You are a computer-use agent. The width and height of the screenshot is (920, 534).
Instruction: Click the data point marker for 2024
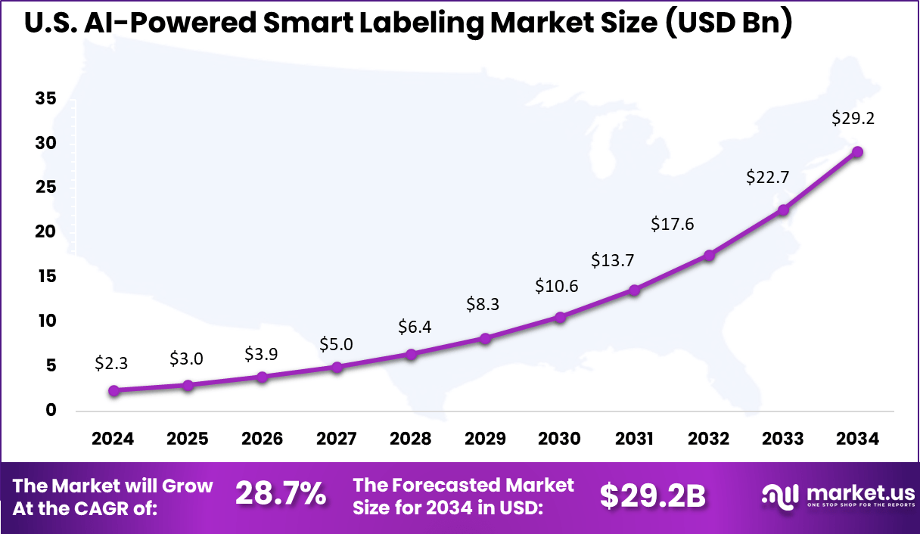(x=113, y=390)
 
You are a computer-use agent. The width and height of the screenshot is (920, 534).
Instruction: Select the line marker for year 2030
(x=560, y=317)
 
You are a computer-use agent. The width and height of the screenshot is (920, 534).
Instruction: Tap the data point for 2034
(x=857, y=151)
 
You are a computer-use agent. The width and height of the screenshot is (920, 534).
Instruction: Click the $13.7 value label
(x=613, y=260)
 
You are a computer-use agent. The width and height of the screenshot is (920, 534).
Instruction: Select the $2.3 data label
(x=111, y=363)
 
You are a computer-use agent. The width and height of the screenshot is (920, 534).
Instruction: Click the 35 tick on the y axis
(x=45, y=98)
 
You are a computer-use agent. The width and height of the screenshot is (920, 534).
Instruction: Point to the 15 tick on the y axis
(x=45, y=277)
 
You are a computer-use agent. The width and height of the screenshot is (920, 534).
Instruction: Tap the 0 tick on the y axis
(x=51, y=411)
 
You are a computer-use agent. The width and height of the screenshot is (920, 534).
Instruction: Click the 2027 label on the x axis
(x=336, y=439)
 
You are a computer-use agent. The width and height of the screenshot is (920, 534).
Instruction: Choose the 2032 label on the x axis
(x=709, y=439)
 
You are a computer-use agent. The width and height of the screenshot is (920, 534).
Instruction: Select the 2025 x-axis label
(x=188, y=439)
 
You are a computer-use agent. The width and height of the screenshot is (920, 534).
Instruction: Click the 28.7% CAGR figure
(x=281, y=495)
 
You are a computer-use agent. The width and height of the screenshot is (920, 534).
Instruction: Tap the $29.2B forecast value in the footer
(x=653, y=495)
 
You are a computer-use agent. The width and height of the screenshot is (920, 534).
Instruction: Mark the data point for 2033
(x=784, y=210)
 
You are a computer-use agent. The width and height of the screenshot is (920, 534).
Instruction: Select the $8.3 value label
(x=482, y=305)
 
